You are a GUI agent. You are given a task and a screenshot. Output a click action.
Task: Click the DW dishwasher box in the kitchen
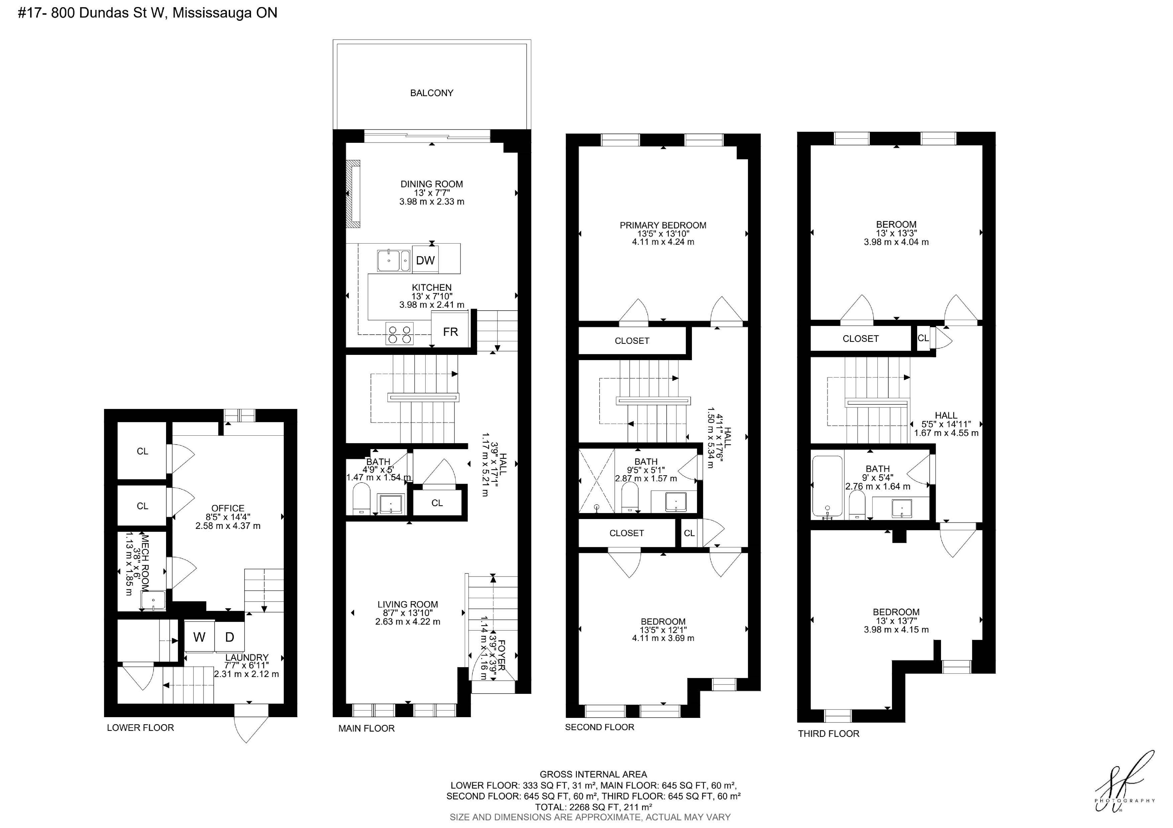click(425, 260)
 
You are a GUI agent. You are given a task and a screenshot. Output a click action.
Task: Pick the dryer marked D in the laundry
click(229, 637)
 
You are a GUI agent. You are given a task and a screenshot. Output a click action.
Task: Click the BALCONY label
click(432, 93)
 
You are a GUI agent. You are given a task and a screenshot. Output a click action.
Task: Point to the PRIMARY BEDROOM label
click(663, 225)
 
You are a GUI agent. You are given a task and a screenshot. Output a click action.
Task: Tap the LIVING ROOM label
click(408, 604)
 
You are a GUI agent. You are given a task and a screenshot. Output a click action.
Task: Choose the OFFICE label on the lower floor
click(228, 508)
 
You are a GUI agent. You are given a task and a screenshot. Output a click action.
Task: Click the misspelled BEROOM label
click(896, 224)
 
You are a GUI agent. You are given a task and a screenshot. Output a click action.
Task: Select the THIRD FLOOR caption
click(829, 734)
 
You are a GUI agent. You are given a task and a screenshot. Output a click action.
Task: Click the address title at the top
click(148, 13)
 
